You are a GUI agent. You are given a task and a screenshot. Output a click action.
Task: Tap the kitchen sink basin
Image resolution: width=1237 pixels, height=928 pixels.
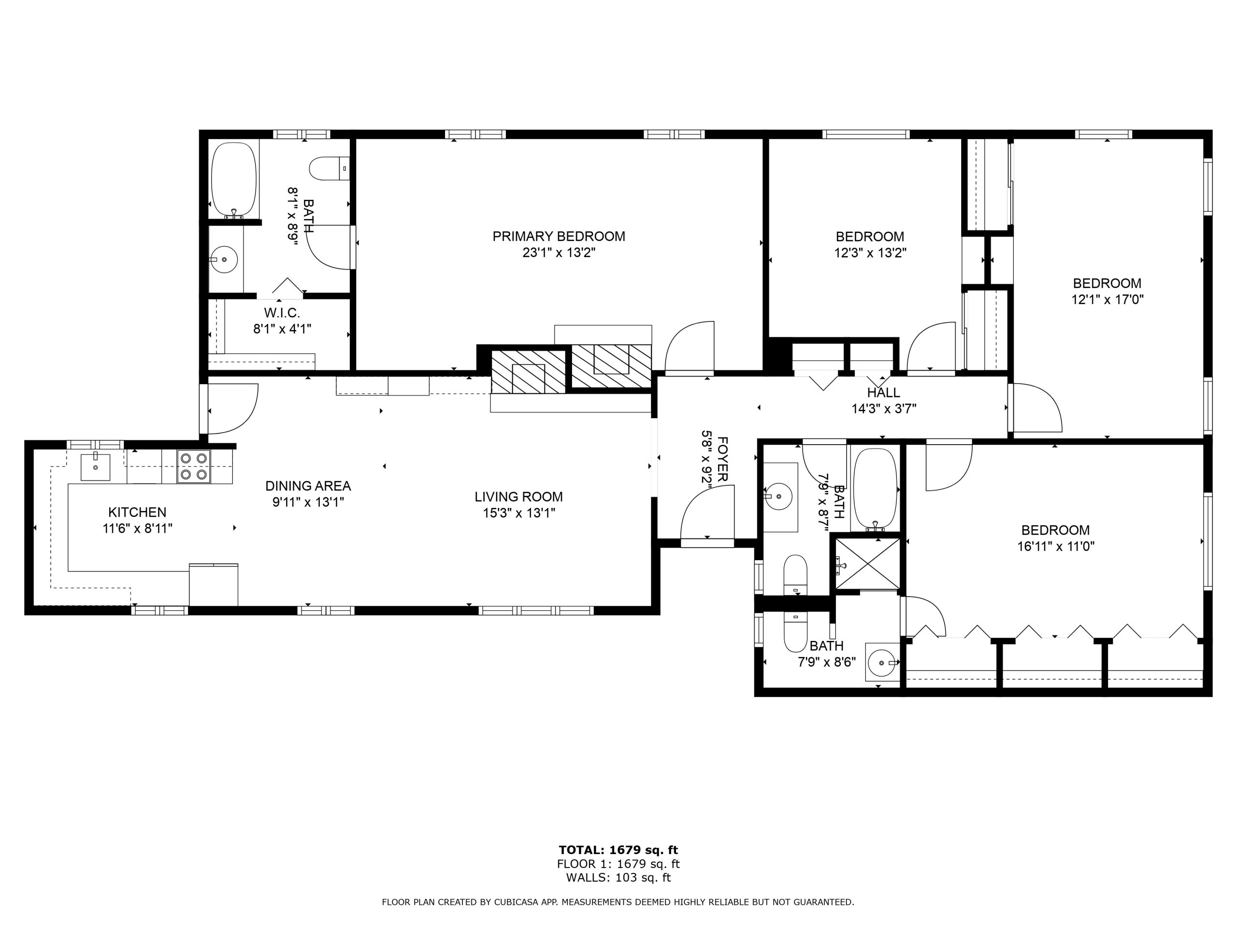95,467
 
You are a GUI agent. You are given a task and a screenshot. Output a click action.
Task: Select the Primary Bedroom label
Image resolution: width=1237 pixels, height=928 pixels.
559,236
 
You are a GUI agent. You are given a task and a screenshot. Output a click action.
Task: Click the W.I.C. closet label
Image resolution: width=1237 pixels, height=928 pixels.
282,313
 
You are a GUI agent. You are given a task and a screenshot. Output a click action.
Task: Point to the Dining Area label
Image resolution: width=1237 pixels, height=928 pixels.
308,486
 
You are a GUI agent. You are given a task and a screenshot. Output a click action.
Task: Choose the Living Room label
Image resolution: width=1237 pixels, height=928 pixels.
518,496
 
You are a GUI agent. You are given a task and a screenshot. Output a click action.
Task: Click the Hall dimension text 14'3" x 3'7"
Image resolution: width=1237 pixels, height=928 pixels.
884,409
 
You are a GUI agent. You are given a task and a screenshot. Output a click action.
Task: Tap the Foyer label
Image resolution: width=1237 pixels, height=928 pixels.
722,459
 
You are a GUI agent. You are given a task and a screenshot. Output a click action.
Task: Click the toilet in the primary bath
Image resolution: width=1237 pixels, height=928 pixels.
330,168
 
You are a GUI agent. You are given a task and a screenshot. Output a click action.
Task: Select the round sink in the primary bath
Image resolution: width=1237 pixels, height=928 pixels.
224,260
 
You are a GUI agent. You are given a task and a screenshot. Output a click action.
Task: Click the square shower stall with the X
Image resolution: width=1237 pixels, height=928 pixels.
867,563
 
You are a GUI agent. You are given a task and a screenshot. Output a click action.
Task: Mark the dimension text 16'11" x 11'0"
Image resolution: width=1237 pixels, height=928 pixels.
1055,546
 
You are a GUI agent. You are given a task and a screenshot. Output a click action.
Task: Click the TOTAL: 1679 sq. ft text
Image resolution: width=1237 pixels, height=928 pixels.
618,850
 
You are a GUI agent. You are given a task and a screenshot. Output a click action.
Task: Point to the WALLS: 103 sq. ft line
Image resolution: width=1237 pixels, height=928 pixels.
618,878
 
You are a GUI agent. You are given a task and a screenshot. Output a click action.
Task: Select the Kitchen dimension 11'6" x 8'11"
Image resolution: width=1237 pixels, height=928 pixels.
137,528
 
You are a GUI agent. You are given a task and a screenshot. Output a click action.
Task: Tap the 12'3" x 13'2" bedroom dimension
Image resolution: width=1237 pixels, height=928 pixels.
870,252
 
